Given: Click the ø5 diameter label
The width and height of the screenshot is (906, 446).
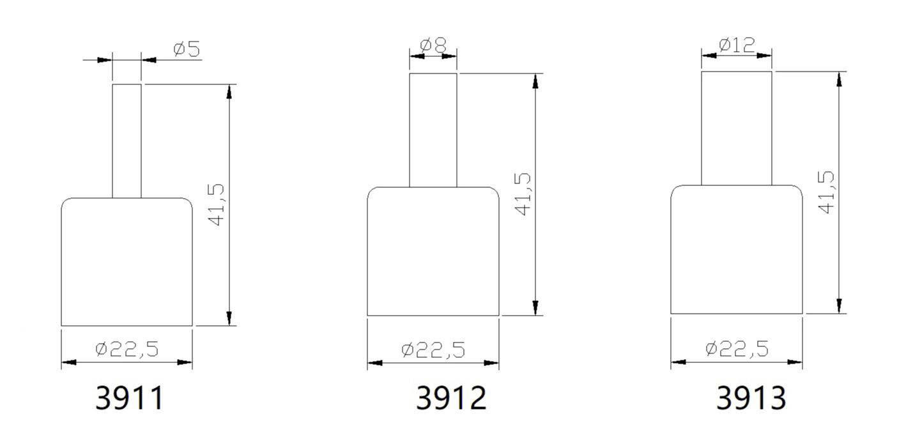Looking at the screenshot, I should pyautogui.click(x=186, y=49).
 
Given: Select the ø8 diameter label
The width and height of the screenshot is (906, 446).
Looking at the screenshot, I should pyautogui.click(x=433, y=45).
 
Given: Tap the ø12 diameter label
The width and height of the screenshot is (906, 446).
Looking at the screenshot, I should pyautogui.click(x=737, y=45).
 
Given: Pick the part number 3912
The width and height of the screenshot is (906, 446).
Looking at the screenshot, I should pyautogui.click(x=451, y=398).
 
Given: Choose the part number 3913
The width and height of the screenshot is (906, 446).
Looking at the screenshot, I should pyautogui.click(x=751, y=398).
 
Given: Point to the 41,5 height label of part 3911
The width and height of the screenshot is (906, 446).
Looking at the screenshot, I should pyautogui.click(x=218, y=205).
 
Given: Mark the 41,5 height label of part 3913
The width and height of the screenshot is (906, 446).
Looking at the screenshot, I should pyautogui.click(x=826, y=192).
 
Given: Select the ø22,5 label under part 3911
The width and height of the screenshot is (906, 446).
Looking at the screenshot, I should pyautogui.click(x=127, y=349).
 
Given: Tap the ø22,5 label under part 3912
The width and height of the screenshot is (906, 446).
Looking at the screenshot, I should pyautogui.click(x=433, y=350).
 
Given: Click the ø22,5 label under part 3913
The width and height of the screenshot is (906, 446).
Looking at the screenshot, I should pyautogui.click(x=737, y=348).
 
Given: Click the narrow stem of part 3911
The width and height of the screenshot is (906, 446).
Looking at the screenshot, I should pyautogui.click(x=127, y=141).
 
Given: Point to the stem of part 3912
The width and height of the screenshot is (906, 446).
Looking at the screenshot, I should pyautogui.click(x=433, y=130).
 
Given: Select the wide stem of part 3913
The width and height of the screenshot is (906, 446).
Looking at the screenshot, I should pyautogui.click(x=737, y=128).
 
